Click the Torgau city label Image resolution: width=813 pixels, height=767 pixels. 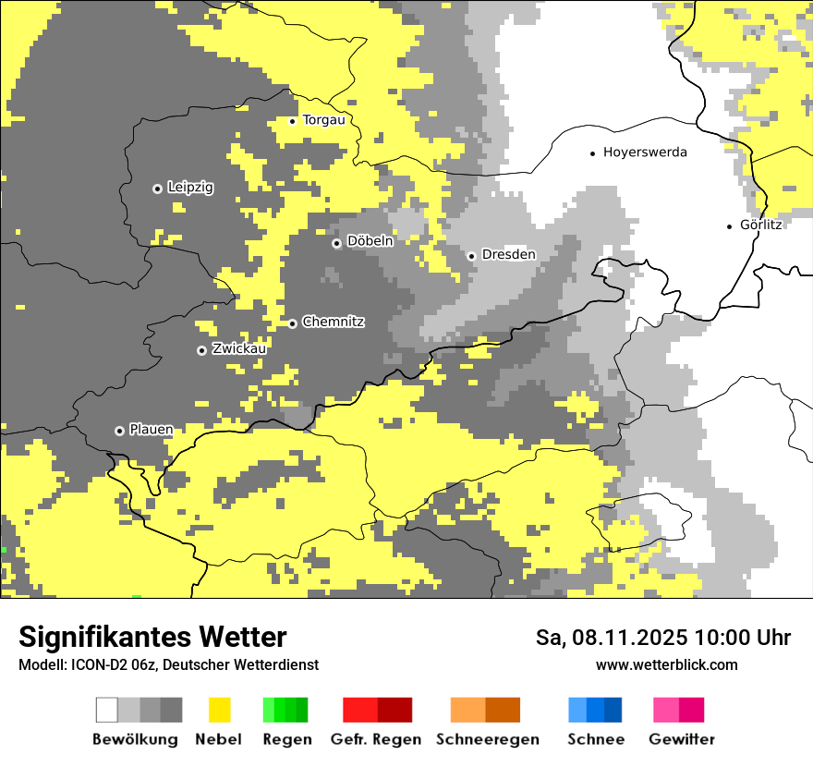(x=323, y=120)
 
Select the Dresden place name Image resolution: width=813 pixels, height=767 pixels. (x=509, y=254)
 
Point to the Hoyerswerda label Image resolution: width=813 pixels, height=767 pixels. (x=645, y=152)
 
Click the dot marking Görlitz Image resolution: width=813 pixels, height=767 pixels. (x=730, y=225)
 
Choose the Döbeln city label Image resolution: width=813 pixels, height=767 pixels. (x=370, y=241)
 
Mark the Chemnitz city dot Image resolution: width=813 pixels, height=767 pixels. (x=293, y=323)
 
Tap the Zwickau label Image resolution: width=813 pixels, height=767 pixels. (x=239, y=348)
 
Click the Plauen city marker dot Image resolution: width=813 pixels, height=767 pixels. (x=119, y=431)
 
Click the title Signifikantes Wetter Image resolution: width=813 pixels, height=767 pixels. (x=152, y=637)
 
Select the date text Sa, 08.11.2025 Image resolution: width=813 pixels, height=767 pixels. (x=611, y=638)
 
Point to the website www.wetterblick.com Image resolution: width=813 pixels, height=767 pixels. (x=666, y=664)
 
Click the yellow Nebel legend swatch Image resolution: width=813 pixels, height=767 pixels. (x=219, y=710)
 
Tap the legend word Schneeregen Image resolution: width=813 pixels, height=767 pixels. (x=488, y=739)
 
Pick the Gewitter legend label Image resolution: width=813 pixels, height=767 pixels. (x=682, y=739)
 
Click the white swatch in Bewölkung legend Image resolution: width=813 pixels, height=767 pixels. (x=107, y=710)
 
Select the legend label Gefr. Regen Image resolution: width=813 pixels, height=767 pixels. (x=376, y=739)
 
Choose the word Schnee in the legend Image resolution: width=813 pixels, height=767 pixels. (x=596, y=739)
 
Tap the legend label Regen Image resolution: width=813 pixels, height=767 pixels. (x=286, y=739)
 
